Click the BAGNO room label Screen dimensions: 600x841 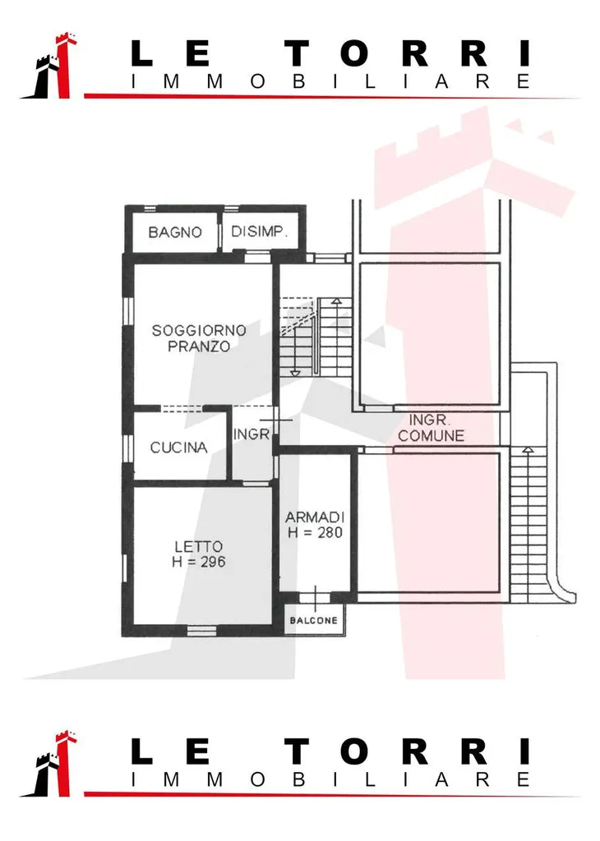coord(175,232)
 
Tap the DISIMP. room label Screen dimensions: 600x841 coord(259,231)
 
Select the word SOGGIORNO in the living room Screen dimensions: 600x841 coord(199,330)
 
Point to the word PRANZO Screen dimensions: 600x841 coord(199,347)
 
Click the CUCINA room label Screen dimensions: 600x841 coord(178,448)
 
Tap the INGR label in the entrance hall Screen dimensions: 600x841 coord(252,434)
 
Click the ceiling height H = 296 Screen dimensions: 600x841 coord(199,562)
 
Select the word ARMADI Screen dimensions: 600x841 coord(315,517)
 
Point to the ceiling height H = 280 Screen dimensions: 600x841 coord(315,532)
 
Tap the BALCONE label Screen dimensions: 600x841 coord(314,621)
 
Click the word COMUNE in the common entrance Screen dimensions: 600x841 coord(432,435)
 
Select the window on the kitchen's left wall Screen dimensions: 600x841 coord(127,448)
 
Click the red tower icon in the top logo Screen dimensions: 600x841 coord(63,66)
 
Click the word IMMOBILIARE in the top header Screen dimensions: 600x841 coord(331,81)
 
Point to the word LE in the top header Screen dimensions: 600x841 coord(170,53)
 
